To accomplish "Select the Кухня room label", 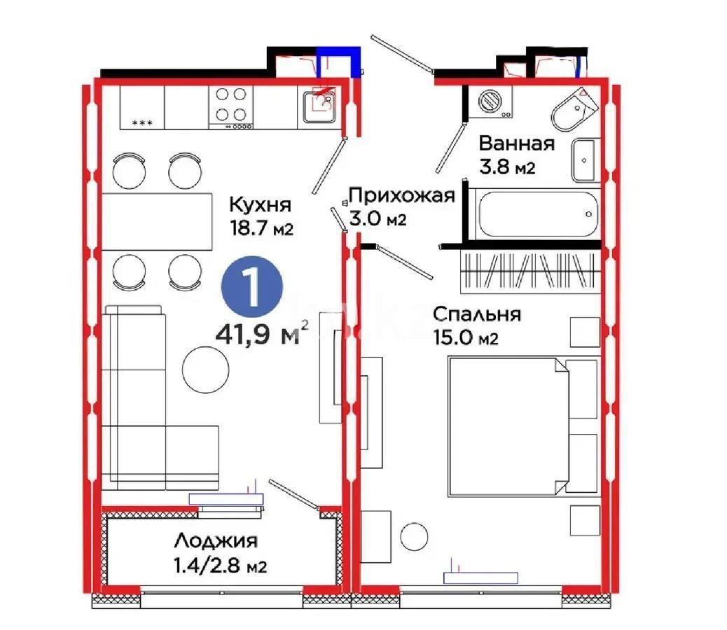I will pos(259,206).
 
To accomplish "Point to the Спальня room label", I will pos(476,314).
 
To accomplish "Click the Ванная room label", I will pos(516,144).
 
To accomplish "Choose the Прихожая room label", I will pos(402,195).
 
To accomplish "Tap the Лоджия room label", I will pos(215,540).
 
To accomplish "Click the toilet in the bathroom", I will pos(574,108).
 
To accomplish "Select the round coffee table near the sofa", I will pos(205,365).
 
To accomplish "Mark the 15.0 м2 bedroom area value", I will pos(466,339).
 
